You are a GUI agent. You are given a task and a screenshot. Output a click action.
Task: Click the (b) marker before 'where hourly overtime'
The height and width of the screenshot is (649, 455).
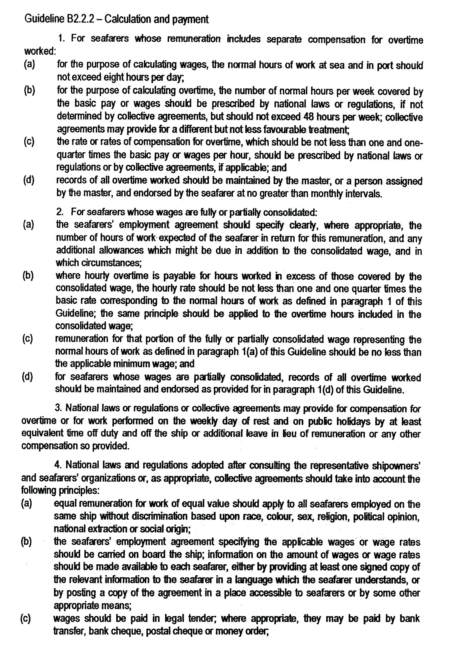tap(28, 276)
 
